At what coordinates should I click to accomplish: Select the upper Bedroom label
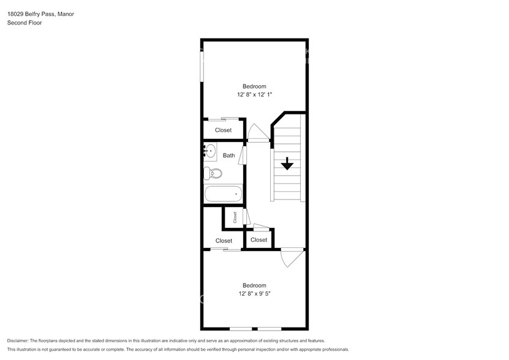[254, 86]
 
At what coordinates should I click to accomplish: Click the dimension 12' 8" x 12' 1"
[254, 95]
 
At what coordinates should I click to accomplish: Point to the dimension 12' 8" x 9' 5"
[254, 294]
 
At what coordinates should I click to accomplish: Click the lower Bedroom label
[254, 285]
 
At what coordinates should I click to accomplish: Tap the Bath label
[228, 156]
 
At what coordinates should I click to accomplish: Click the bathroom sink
[210, 151]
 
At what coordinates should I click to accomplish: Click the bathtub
[223, 195]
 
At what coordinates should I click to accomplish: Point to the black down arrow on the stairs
[287, 163]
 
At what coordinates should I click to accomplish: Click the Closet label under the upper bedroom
[223, 130]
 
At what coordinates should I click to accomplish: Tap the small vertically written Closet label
[234, 217]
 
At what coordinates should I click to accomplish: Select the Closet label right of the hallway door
[258, 240]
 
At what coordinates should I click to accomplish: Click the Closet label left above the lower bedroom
[224, 241]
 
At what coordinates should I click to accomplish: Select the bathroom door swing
[243, 155]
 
